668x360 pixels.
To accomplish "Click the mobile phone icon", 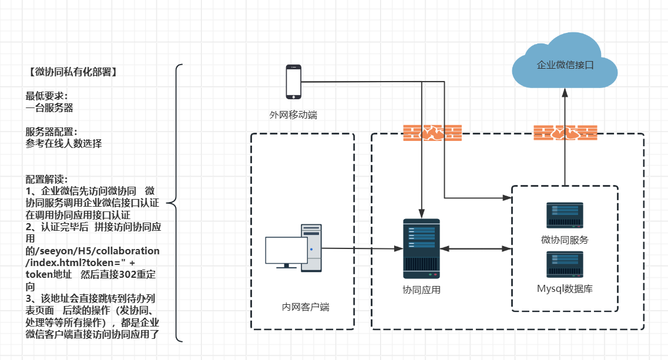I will [x=293, y=82].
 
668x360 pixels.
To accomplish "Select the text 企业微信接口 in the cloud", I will [x=565, y=65].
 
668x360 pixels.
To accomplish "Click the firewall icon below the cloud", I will [x=565, y=133].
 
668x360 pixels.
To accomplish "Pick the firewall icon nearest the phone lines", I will [x=432, y=133].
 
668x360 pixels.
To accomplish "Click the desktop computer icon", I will [x=294, y=247].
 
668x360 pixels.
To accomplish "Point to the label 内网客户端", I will [x=306, y=307].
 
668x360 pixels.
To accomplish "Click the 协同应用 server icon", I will [x=421, y=248].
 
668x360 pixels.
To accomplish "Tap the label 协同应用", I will [x=421, y=290].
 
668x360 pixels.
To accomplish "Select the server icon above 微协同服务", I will [x=565, y=216].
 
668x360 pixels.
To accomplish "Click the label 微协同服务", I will [x=565, y=240].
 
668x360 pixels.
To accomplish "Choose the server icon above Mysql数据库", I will [x=565, y=265].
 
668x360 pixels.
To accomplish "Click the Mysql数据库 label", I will [x=565, y=289].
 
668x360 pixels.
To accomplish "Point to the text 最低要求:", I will [x=46, y=96].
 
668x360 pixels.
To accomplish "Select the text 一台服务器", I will [x=49, y=108].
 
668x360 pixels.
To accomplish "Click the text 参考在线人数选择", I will [x=63, y=143].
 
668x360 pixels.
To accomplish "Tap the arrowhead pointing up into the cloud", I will [x=565, y=93].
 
